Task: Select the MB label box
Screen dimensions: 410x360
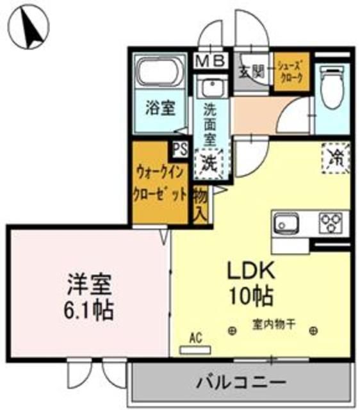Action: [210, 61]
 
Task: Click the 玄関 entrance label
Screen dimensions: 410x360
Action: [250, 71]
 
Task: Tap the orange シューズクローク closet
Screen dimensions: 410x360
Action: [291, 72]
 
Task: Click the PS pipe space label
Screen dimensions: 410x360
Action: [179, 150]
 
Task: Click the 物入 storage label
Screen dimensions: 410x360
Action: [200, 203]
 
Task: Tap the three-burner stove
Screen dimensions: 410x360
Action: [332, 224]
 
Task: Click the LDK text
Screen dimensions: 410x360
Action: [250, 271]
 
